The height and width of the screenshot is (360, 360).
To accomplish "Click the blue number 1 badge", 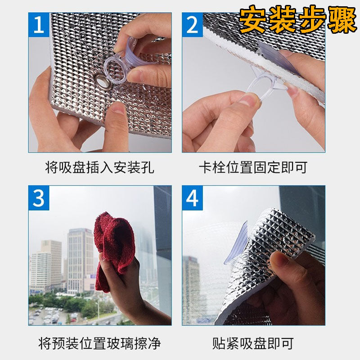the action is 39,25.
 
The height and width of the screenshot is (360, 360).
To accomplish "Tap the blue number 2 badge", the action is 193,25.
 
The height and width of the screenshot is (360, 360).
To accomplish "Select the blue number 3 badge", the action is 39,198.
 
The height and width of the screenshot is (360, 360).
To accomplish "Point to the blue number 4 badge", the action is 193,198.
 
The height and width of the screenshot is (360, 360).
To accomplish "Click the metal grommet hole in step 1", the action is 103,81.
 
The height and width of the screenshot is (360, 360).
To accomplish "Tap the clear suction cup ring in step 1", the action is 115,70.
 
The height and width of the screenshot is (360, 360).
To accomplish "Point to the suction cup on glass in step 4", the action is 237,243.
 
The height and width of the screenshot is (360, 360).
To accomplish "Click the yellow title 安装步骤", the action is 297,19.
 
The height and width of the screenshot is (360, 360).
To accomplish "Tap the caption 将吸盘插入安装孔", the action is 99,167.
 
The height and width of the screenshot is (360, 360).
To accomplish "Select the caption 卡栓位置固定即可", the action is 253,167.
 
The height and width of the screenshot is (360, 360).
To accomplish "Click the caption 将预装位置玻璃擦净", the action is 99,343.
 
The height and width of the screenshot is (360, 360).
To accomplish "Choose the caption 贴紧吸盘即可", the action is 253,343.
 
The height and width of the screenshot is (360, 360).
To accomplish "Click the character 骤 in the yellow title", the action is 342,19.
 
